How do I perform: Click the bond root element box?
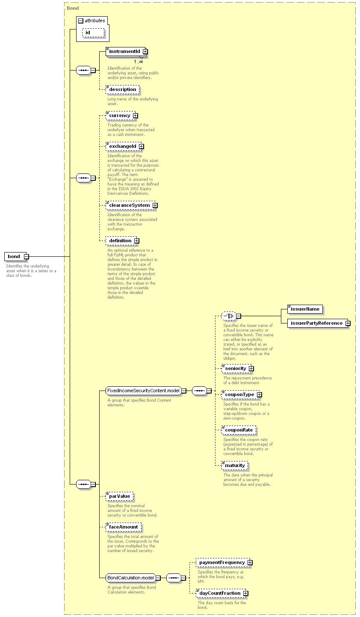coord(15,256)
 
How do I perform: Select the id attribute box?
coord(93,32)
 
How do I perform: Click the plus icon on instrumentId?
coord(145,52)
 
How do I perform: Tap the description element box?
coord(123,90)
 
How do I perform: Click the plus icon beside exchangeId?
coord(141,146)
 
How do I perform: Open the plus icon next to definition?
coord(136,241)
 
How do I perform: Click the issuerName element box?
coord(305,309)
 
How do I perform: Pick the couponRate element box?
coord(239,430)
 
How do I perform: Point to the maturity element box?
coord(235,465)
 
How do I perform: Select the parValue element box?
coord(120,497)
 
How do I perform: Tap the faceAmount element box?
coord(124,527)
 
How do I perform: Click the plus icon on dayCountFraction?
coord(245,593)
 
